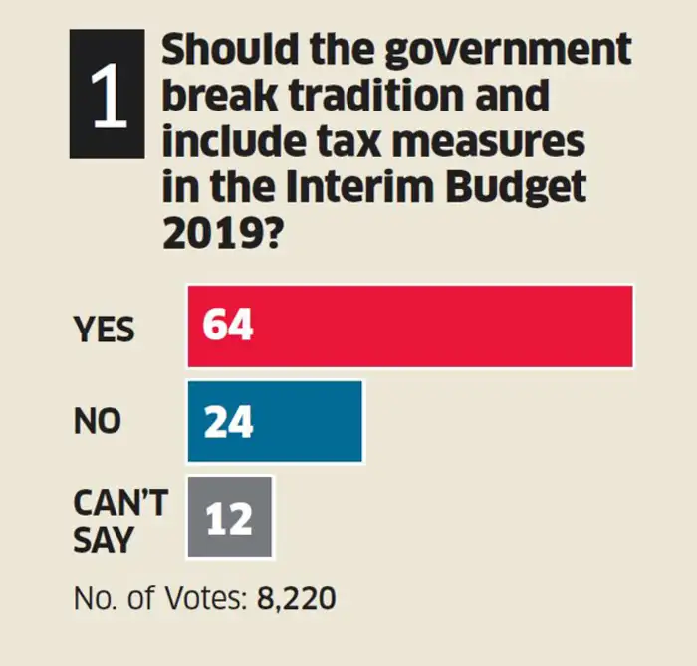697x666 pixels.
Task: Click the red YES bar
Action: (410, 327)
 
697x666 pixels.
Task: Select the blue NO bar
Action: (275, 422)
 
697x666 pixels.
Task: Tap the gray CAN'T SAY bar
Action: (229, 518)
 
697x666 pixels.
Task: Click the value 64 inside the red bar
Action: (228, 327)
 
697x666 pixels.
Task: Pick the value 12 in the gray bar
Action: (228, 519)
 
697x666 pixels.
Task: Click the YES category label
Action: (104, 330)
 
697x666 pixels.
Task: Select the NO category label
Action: (97, 422)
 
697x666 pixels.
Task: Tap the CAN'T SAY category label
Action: (118, 521)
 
